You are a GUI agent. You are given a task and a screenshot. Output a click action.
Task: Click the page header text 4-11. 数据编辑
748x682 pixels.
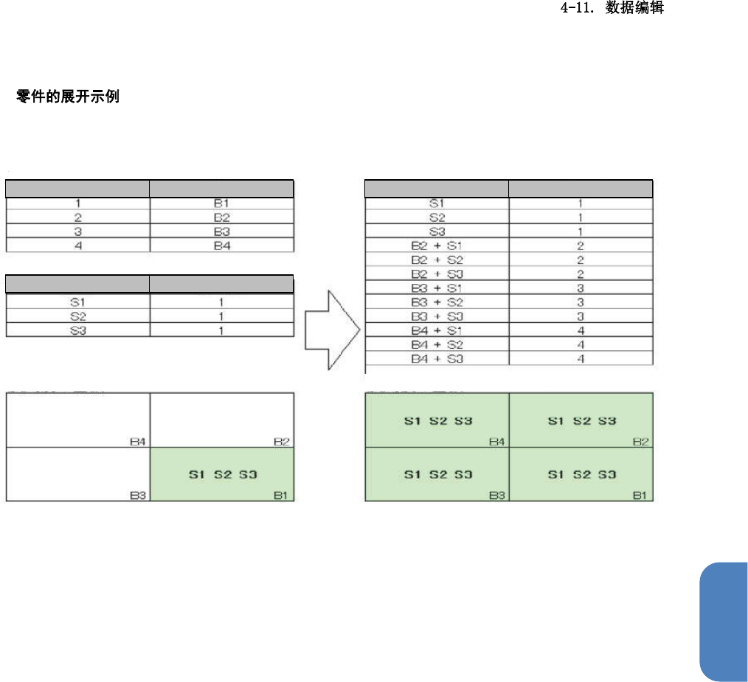613,10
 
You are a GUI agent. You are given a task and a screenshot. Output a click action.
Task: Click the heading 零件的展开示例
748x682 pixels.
67,97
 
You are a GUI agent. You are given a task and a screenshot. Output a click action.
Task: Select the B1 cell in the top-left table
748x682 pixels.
222,203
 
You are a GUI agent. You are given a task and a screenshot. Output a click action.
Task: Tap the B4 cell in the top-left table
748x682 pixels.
222,246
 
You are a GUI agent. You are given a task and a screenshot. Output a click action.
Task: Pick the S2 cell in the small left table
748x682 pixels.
77,316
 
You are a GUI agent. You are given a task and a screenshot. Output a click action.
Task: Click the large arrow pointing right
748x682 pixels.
332,329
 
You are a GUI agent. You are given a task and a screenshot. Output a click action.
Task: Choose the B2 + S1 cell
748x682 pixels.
436,246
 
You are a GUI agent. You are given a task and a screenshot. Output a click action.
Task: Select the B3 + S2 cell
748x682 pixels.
436,302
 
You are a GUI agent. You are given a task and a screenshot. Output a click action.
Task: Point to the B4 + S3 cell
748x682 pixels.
436,359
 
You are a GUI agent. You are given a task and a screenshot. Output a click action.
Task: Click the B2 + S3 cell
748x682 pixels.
436,274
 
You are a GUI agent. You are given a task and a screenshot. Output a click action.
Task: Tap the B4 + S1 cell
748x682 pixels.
436,331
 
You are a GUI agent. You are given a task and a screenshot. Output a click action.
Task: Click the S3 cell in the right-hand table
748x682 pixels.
436,232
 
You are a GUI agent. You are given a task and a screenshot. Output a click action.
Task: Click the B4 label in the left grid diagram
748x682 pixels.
137,442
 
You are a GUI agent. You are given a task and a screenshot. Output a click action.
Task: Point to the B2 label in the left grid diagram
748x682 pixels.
281,442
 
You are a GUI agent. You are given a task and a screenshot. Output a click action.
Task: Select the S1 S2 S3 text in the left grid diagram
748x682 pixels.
222,475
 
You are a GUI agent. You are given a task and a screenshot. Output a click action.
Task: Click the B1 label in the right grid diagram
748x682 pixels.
640,495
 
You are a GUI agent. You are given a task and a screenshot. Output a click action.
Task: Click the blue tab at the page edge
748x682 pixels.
723,622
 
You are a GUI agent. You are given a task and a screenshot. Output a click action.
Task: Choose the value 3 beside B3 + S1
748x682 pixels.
581,288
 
